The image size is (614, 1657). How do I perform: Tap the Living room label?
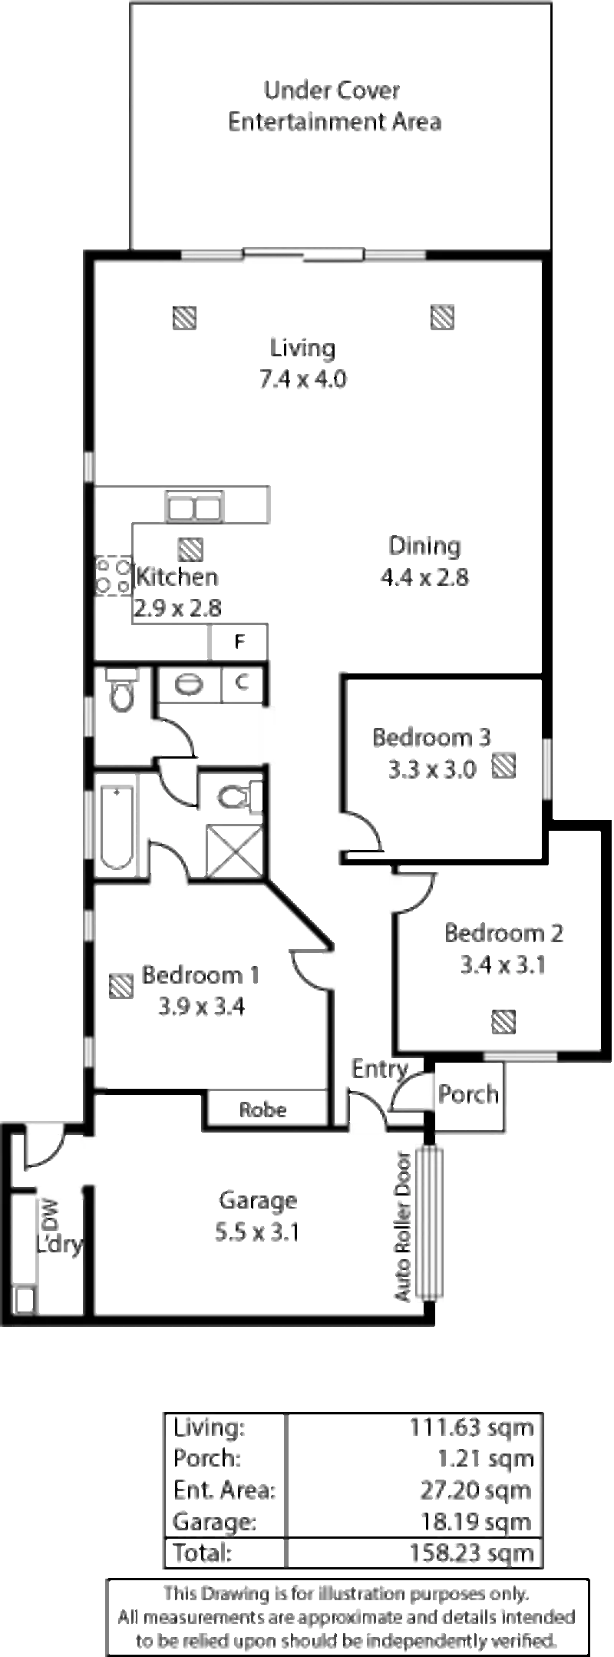pyautogui.click(x=304, y=347)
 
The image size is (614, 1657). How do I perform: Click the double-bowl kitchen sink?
pyautogui.click(x=195, y=510)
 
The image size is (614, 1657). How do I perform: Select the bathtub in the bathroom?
pyautogui.click(x=117, y=826)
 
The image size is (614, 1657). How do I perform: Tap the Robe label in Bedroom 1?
pyautogui.click(x=263, y=1110)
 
